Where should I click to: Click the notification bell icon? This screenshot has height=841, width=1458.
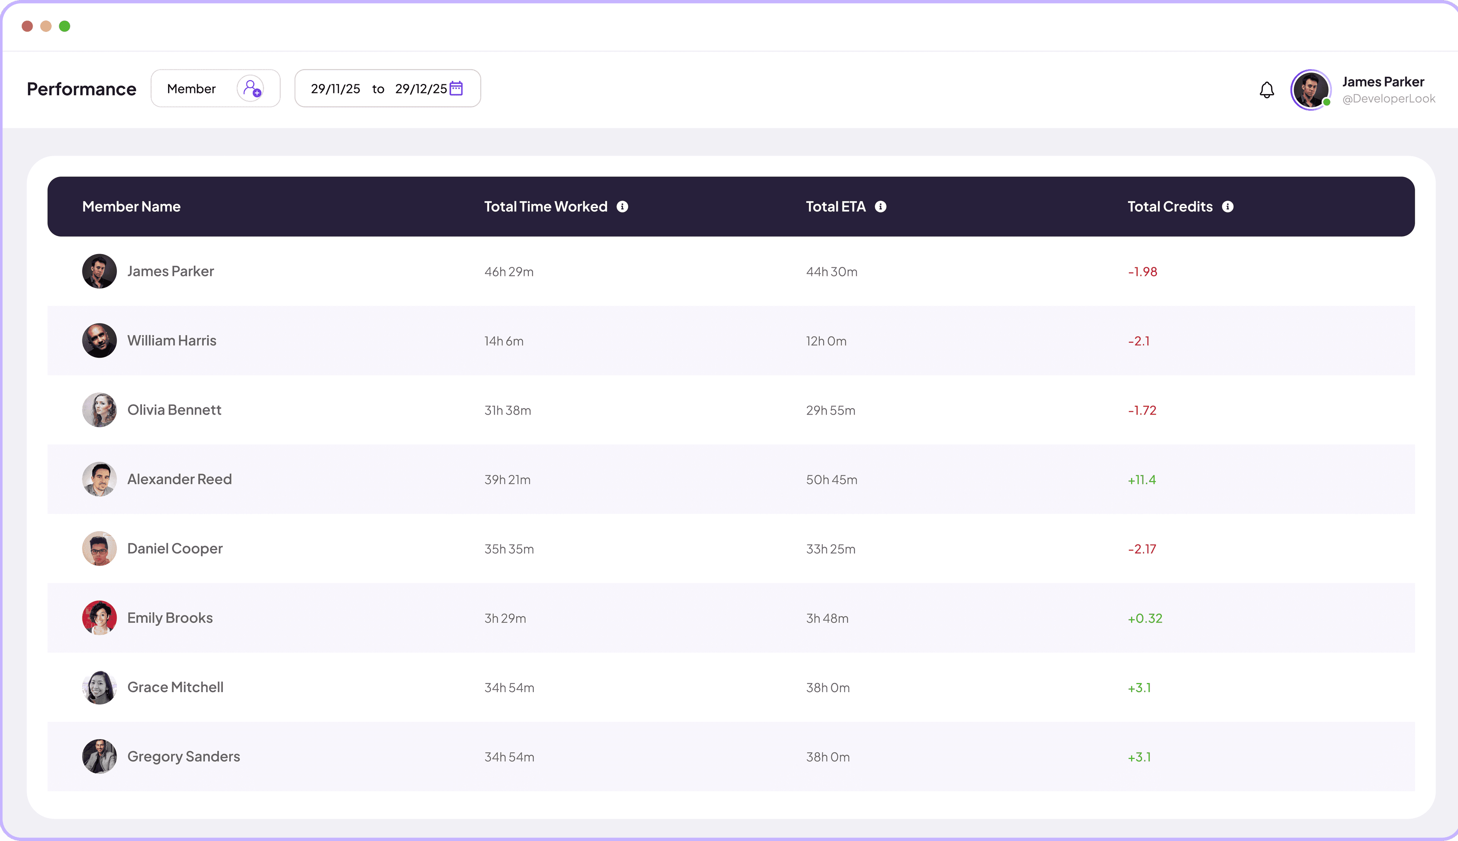click(x=1266, y=90)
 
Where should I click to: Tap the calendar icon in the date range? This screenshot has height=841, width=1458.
click(x=456, y=88)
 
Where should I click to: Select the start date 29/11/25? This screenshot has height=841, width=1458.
click(x=335, y=89)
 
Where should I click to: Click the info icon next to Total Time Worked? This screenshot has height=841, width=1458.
click(x=622, y=207)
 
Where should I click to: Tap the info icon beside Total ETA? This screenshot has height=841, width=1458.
click(x=880, y=207)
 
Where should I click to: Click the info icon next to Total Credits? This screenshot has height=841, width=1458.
click(x=1228, y=207)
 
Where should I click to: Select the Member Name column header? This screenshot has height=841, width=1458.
click(x=131, y=207)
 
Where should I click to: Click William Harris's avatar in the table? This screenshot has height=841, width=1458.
click(x=99, y=341)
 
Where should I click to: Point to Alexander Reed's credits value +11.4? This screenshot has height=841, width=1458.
click(x=1142, y=480)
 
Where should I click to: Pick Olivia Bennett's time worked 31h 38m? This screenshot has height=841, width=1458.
click(x=508, y=410)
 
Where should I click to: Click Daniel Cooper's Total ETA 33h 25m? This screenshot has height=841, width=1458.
click(x=830, y=549)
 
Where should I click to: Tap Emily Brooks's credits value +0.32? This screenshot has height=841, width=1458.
click(x=1144, y=618)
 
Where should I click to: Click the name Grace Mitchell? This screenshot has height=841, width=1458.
click(x=175, y=687)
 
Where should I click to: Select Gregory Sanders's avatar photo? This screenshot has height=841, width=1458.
click(x=99, y=757)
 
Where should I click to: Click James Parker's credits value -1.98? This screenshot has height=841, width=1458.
click(x=1142, y=271)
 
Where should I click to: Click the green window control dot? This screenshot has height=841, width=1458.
click(x=65, y=26)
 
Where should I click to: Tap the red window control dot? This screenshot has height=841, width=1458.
click(x=27, y=26)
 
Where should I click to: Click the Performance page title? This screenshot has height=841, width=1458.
click(x=81, y=89)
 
